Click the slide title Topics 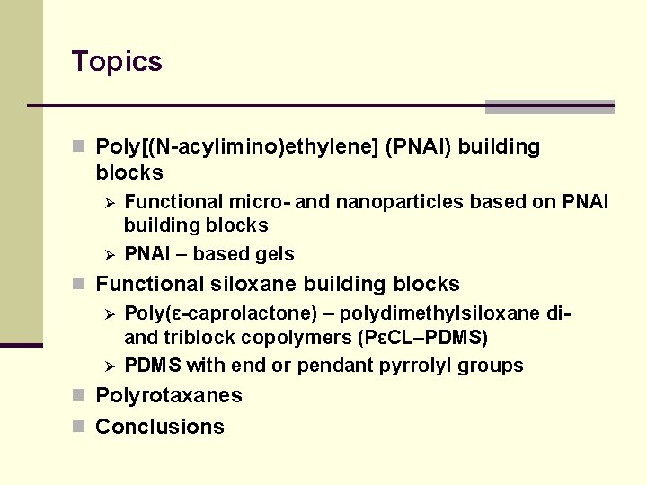tap(117, 62)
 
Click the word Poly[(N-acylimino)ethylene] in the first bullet tap(235, 147)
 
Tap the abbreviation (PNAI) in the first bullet tap(417, 147)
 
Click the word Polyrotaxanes tap(169, 396)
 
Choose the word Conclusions tap(160, 427)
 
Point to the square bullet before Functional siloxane tap(80, 285)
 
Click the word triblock tap(193, 339)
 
